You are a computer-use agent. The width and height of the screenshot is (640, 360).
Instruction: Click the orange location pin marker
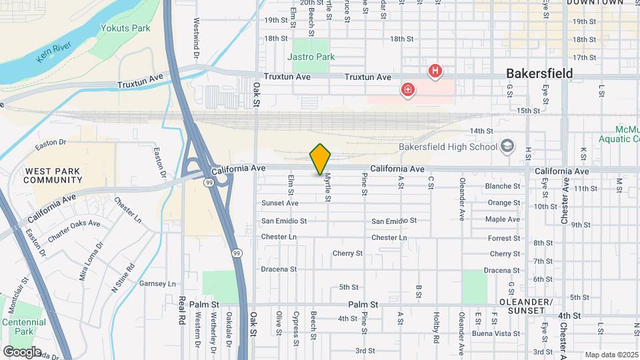[321, 159]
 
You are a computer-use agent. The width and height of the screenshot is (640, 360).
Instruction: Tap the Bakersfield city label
[539, 73]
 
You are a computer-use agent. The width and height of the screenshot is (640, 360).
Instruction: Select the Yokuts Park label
[125, 28]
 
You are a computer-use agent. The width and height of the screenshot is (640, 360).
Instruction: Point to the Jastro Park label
[311, 57]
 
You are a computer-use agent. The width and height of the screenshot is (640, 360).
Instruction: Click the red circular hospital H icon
[435, 70]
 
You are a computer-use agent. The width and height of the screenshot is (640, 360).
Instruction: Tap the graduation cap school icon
[508, 146]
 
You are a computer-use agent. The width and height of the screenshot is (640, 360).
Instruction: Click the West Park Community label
[53, 175]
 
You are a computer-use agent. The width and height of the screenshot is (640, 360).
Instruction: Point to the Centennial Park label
[24, 327]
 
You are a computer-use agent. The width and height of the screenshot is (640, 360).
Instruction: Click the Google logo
[23, 351]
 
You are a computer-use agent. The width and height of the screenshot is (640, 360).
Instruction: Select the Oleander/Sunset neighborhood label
[531, 307]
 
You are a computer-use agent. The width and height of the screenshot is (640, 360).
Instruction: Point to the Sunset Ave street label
[279, 203]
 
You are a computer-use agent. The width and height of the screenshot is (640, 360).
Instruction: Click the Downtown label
[595, 3]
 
